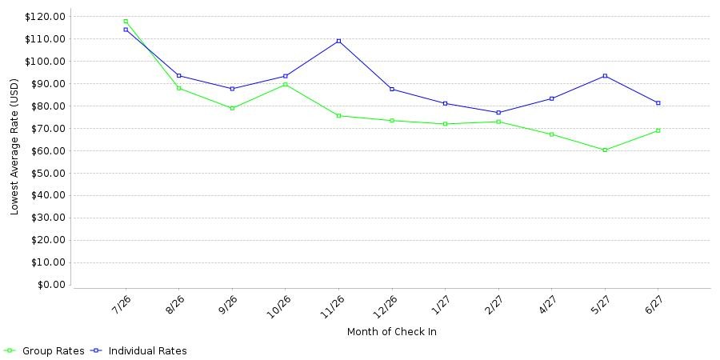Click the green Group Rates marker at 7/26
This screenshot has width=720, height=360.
(x=126, y=21)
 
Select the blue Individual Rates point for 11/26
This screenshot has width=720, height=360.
(x=339, y=41)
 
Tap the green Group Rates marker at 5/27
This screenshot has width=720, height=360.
(x=605, y=150)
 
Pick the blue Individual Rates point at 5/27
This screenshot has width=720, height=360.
(x=605, y=76)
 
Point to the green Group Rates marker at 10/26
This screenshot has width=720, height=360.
(x=286, y=85)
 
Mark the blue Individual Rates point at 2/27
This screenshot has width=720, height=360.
(x=498, y=113)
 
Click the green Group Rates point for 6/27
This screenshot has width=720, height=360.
(x=658, y=130)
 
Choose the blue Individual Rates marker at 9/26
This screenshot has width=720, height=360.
(x=232, y=89)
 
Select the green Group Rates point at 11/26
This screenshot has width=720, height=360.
(x=339, y=116)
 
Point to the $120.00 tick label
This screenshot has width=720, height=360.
(x=46, y=17)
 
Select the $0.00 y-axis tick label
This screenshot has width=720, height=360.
(x=50, y=285)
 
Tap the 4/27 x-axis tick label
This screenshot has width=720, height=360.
(x=546, y=303)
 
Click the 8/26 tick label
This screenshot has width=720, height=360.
(x=173, y=303)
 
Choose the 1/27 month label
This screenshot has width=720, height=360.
(x=439, y=303)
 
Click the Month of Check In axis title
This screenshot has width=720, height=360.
(x=392, y=332)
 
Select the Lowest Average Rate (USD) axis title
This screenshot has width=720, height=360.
(x=14, y=147)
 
